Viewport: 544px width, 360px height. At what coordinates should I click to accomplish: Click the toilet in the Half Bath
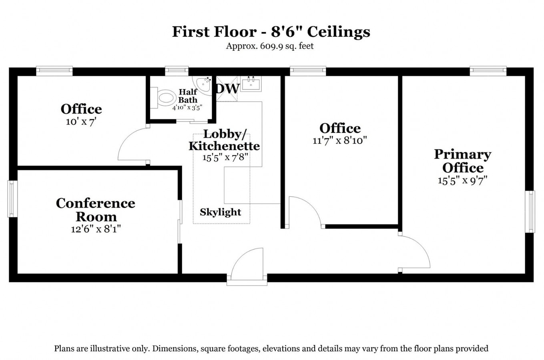165,98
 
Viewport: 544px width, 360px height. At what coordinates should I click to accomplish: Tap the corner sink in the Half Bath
204,85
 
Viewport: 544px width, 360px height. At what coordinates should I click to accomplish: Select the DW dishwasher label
227,88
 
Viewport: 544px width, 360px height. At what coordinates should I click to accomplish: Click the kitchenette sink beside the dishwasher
251,84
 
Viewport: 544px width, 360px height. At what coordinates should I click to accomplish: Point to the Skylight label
221,212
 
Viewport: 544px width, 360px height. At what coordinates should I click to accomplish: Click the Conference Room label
96,210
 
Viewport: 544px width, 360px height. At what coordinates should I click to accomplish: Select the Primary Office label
462,161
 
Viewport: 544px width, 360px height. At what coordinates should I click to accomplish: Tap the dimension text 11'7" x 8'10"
339,140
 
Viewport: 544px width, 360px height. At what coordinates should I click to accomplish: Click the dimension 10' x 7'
81,122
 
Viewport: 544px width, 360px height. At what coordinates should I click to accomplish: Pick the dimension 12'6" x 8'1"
96,229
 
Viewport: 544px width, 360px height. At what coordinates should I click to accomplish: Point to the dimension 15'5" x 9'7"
462,180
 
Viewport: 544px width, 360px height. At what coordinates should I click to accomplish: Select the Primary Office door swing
414,252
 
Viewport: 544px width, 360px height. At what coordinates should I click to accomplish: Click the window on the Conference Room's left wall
12,199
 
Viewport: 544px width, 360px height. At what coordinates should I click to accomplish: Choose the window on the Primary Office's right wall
530,212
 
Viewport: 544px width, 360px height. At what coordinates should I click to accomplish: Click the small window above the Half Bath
177,71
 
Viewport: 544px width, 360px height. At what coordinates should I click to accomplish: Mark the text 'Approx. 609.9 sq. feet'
270,46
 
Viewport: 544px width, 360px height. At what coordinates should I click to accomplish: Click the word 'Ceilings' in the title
338,32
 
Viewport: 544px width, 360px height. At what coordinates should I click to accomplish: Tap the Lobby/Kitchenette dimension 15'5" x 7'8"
226,157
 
